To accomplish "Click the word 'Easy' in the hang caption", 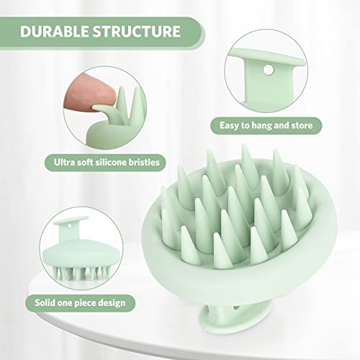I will (233, 125).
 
